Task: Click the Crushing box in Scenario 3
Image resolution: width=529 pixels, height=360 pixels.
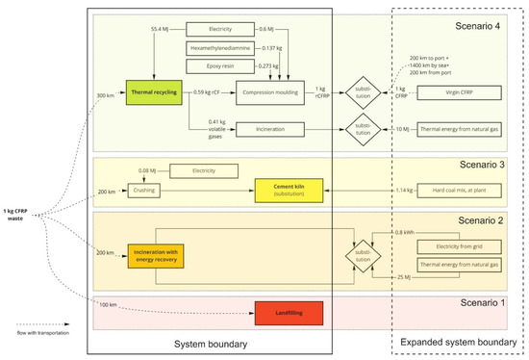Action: tap(146, 191)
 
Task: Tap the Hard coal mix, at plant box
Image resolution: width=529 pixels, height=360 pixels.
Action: tap(455, 191)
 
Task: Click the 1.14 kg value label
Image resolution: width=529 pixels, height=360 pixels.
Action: tap(403, 191)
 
